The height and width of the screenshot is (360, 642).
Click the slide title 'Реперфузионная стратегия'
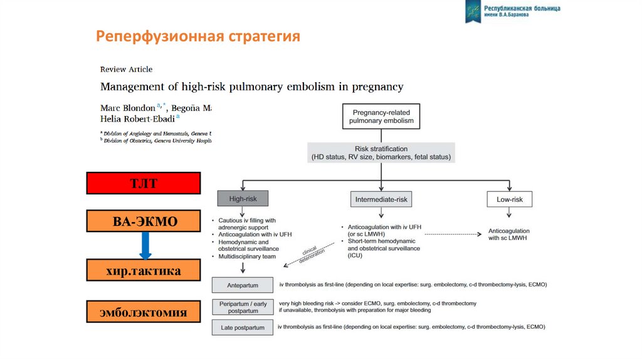click(197, 36)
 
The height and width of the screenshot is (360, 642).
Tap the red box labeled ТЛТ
click(144, 183)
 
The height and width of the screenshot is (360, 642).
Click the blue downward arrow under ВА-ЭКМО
click(145, 245)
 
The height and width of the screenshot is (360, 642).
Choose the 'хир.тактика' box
click(144, 271)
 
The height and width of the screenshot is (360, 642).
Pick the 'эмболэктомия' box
click(144, 311)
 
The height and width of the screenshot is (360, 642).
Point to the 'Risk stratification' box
click(381, 153)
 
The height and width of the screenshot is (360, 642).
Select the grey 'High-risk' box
click(243, 199)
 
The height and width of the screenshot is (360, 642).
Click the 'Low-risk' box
click(509, 199)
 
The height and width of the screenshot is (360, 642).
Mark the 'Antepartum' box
click(243, 285)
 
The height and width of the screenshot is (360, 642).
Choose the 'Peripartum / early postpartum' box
click(243, 307)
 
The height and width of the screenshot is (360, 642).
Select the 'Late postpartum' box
click(243, 327)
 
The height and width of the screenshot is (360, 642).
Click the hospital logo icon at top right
click(473, 11)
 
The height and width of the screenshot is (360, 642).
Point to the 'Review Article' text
click(126, 70)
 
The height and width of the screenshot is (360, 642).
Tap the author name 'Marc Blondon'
click(127, 107)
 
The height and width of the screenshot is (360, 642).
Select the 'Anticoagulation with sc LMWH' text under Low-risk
click(509, 235)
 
